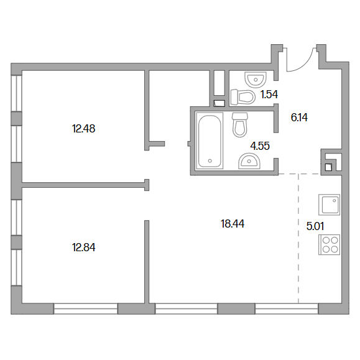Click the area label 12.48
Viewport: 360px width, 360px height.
[x=83, y=129]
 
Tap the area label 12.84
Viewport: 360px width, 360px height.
[x=83, y=247]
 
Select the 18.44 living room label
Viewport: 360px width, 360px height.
[x=233, y=224]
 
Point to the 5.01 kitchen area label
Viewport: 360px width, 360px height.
[x=315, y=226]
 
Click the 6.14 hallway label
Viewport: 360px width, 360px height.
[x=299, y=118]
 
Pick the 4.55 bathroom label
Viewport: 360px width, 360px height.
[x=260, y=145]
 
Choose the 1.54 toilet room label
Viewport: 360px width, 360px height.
[x=269, y=95]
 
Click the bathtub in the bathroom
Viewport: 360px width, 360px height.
[x=210, y=141]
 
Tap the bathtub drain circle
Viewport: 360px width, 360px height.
[x=210, y=161]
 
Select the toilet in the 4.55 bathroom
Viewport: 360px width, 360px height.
[x=240, y=125]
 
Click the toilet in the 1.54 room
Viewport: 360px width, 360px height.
[x=243, y=96]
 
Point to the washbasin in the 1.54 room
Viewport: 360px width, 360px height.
[x=256, y=79]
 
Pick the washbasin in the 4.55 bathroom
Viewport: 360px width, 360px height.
[x=249, y=161]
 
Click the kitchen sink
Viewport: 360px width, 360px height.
[x=330, y=205]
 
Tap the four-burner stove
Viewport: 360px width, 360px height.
[x=330, y=245]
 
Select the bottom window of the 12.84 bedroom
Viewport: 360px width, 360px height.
[x=86, y=308]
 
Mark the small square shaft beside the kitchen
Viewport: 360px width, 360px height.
[x=328, y=167]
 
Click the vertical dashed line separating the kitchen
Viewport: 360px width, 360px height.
[x=298, y=239]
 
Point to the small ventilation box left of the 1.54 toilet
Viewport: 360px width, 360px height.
[x=219, y=104]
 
